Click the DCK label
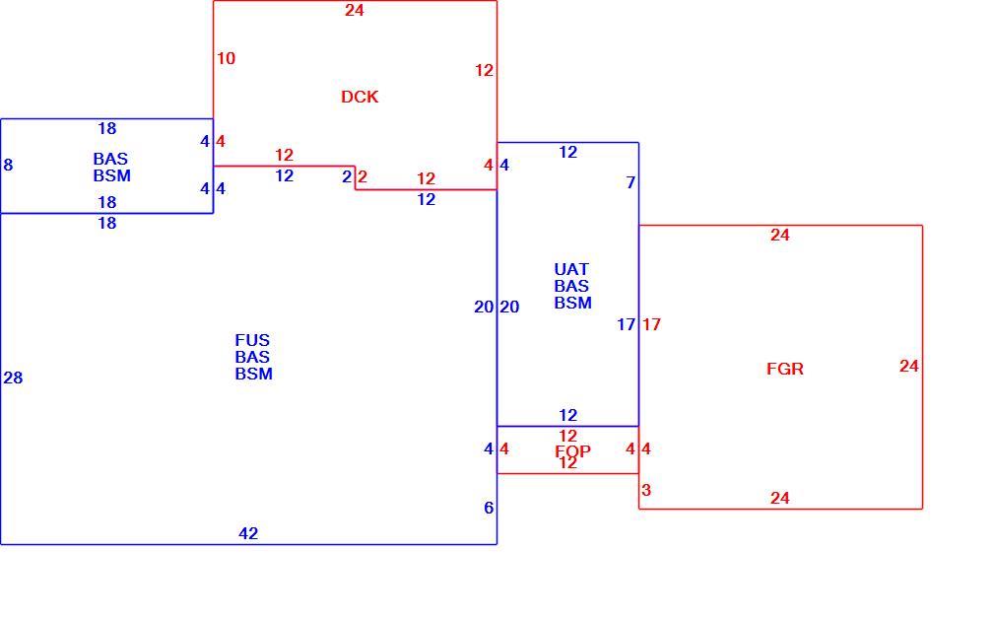tap(360, 97)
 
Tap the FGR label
tap(785, 369)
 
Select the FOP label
tap(572, 451)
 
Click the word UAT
tap(571, 269)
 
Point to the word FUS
tap(252, 340)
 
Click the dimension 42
tap(248, 534)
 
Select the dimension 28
tap(13, 378)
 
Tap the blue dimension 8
tap(8, 165)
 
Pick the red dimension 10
tap(226, 58)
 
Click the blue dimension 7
tap(630, 183)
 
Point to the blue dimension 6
tap(488, 508)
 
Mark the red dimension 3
tap(646, 490)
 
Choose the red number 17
tap(651, 325)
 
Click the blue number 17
tap(626, 325)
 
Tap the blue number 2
tap(347, 177)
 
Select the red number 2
tap(362, 177)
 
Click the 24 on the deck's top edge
tap(354, 10)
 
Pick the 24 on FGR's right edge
tap(908, 367)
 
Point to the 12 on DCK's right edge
tap(484, 70)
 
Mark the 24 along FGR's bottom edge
tap(780, 499)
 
